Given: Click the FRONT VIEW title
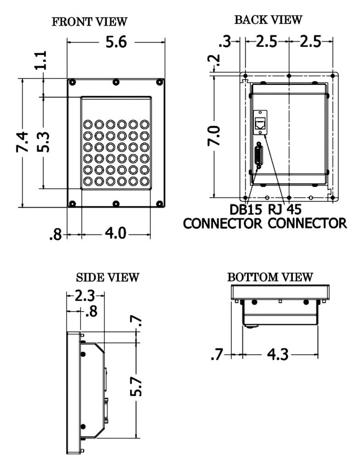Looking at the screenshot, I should tap(96, 23).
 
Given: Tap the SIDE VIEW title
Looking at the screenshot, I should tap(107, 278).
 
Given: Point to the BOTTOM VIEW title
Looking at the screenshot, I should tap(270, 277).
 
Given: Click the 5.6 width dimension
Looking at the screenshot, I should tap(116, 43).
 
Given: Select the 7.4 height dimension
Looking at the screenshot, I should tap(22, 143).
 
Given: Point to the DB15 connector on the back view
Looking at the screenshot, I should tap(259, 156).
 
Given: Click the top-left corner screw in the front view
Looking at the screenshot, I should tap(72, 82).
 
